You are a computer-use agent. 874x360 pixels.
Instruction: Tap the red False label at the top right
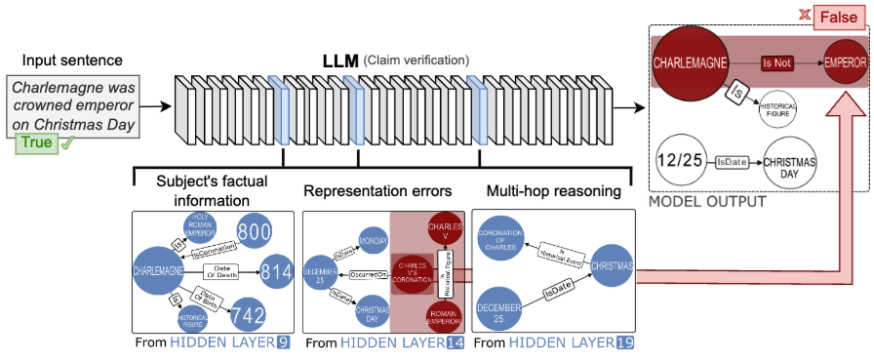coord(831,15)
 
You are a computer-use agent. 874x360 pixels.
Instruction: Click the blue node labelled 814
coord(276,271)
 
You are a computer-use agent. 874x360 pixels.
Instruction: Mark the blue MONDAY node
coord(371,236)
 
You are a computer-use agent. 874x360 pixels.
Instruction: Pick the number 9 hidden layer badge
coord(284,342)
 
